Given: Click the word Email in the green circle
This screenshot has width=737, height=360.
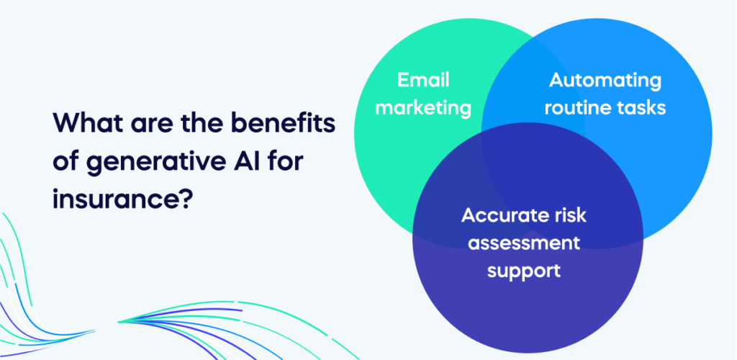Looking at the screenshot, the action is (x=423, y=80).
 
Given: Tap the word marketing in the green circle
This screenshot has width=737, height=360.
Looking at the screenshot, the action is (x=423, y=108).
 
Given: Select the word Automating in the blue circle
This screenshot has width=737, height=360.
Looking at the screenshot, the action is (x=605, y=81).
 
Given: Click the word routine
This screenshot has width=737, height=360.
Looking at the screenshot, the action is (x=577, y=108).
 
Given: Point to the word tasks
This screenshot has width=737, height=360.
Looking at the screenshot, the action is (x=641, y=108).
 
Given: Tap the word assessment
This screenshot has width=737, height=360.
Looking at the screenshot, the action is (x=524, y=243).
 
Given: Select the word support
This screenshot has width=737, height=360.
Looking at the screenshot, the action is (x=524, y=271).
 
